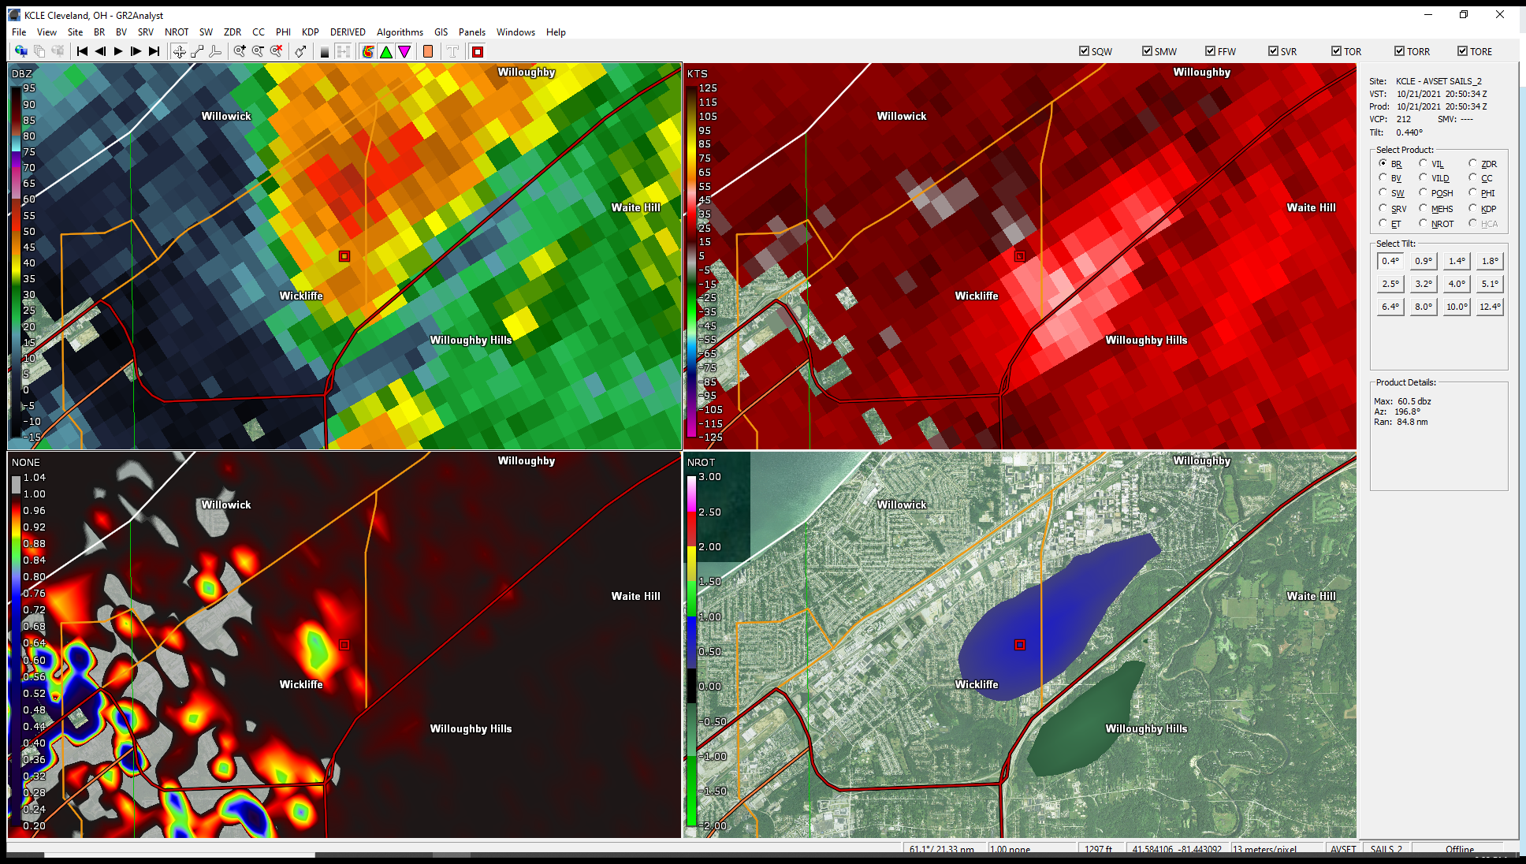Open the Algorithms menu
pyautogui.click(x=400, y=32)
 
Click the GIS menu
pyautogui.click(x=441, y=32)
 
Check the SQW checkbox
pyautogui.click(x=1084, y=51)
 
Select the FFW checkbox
pyautogui.click(x=1210, y=51)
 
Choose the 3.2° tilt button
pyautogui.click(x=1423, y=284)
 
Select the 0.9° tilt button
pyautogui.click(x=1423, y=261)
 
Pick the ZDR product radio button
pyautogui.click(x=1472, y=163)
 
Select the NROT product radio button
pyautogui.click(x=1423, y=224)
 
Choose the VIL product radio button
pyautogui.click(x=1423, y=163)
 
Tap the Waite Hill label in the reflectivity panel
pyautogui.click(x=635, y=207)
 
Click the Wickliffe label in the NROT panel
pyautogui.click(x=977, y=684)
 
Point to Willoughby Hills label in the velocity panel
pyautogui.click(x=1146, y=340)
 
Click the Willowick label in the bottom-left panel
pyautogui.click(x=226, y=505)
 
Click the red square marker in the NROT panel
pyautogui.click(x=1019, y=645)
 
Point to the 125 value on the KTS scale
pyautogui.click(x=707, y=88)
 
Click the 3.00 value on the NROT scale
pyautogui.click(x=709, y=477)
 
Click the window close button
pyautogui.click(x=1499, y=14)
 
